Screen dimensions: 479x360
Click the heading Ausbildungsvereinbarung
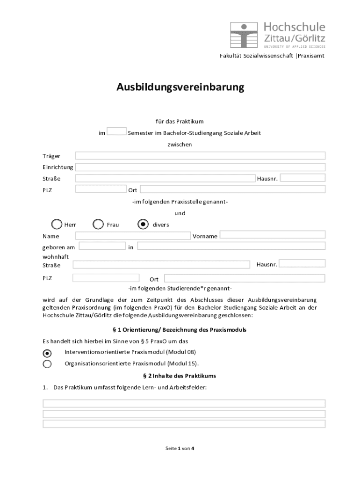180,87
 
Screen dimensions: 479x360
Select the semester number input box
116,131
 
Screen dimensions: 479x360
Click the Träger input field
200,156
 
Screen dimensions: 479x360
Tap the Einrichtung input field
200,167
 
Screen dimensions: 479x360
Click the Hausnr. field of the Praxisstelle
302,178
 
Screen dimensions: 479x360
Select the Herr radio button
57,225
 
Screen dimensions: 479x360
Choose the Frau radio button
98,225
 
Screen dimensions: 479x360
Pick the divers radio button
144,225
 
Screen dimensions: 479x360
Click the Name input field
133,235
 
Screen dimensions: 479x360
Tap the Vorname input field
272,235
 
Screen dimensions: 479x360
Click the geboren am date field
102,246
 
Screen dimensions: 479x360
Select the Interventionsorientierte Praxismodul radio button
47,353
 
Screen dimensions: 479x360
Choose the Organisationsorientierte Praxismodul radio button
47,364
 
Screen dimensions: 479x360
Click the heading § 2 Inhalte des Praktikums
179,376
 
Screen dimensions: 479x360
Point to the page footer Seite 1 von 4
180,448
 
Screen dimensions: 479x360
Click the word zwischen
180,145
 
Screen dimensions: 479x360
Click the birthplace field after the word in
231,246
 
